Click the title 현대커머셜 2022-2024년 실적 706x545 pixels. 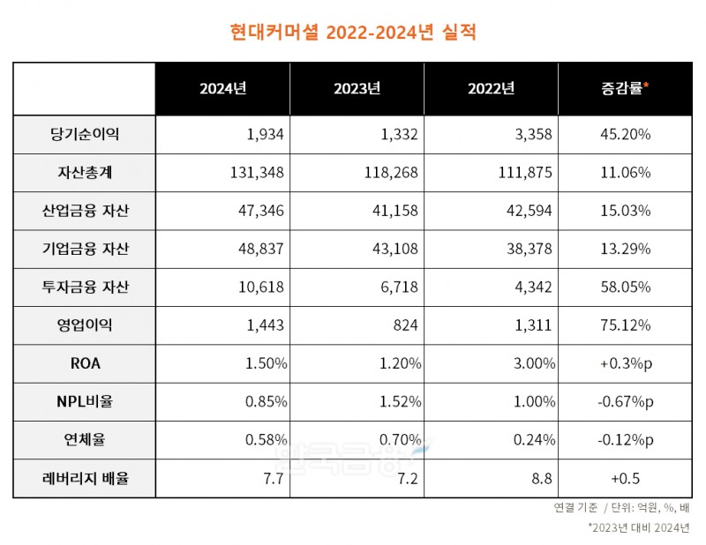[352, 33]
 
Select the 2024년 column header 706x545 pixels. [222, 88]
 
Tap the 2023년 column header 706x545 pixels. [357, 88]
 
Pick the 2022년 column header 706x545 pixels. [491, 88]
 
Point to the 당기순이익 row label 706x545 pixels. [85, 134]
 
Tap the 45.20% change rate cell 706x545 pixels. [625, 134]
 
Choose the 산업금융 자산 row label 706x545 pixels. [85, 211]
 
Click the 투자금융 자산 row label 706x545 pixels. [85, 287]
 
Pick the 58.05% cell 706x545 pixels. [625, 287]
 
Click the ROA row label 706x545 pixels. [85, 363]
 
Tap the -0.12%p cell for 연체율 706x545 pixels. [625, 439]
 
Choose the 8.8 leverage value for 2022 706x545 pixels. [542, 478]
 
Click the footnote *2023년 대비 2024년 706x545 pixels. [640, 529]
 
